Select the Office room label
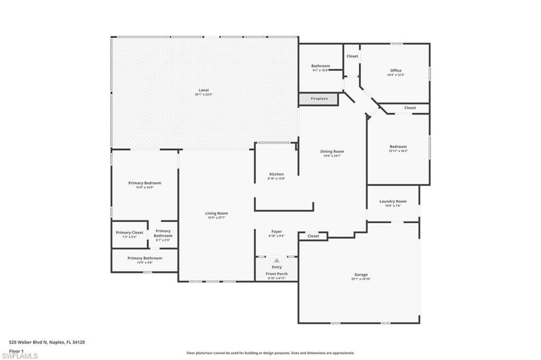tap(396, 70)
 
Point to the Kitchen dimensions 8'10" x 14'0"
tap(276, 179)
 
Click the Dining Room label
tap(332, 151)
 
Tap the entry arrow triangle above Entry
tap(276, 260)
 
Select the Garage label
tap(361, 274)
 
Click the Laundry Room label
tap(393, 201)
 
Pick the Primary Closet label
tap(129, 232)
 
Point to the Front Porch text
tap(276, 274)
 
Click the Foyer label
tap(276, 231)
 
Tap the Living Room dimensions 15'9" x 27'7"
tap(217, 218)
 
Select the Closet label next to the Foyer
tap(313, 236)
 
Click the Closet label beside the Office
tap(352, 56)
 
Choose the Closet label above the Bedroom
tap(410, 108)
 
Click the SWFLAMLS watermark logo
tap(20, 356)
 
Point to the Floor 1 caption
tap(17, 350)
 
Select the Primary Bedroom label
tap(145, 183)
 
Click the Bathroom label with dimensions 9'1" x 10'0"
tap(320, 66)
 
